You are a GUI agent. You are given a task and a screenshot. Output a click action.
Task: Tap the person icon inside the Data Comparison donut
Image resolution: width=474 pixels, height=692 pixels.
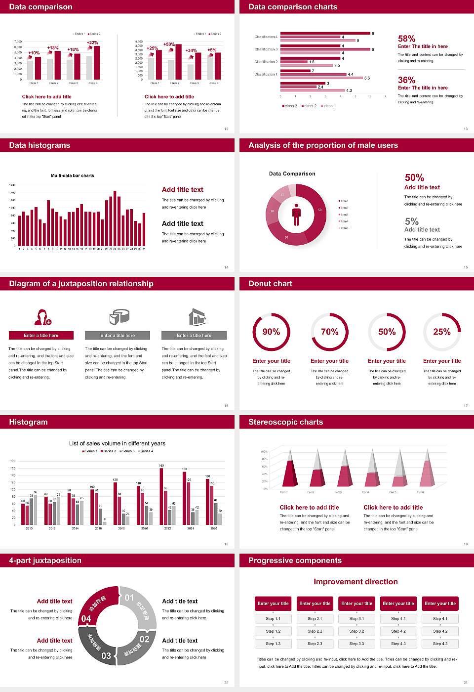click(296, 214)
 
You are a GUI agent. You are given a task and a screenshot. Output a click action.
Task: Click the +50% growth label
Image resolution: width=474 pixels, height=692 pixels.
click(169, 44)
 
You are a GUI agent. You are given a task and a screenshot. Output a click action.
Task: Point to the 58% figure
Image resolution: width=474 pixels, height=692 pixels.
click(406, 39)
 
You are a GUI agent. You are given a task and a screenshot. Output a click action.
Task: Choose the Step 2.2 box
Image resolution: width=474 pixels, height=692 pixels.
click(315, 631)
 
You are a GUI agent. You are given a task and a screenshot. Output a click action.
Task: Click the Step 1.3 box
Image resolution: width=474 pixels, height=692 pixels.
click(273, 644)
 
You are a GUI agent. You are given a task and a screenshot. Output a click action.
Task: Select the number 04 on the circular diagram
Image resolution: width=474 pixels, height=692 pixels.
click(86, 619)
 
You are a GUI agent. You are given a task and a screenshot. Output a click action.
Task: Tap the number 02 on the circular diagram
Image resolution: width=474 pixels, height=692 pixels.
click(144, 639)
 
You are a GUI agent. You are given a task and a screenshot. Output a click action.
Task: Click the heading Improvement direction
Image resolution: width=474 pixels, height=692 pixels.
click(355, 582)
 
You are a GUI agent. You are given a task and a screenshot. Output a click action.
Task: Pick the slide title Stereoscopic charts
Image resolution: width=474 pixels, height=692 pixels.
click(285, 422)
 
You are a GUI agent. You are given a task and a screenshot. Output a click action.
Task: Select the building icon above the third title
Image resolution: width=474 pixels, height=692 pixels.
click(197, 317)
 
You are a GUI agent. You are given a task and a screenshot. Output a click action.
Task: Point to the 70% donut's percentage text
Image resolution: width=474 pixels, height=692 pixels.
click(329, 332)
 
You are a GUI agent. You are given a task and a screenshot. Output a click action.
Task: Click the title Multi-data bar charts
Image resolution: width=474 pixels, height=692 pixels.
click(73, 175)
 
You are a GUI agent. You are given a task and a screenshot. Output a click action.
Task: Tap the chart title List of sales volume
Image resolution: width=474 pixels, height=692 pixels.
click(117, 443)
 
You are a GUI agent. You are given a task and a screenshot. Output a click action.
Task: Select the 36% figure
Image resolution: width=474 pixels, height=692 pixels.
click(406, 80)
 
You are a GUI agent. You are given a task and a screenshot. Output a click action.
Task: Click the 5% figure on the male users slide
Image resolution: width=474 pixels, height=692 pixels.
click(411, 221)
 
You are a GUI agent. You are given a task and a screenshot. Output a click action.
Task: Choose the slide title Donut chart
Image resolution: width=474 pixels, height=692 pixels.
click(270, 284)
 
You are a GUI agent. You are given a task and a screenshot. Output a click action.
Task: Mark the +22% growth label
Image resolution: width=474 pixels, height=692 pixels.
click(92, 43)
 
